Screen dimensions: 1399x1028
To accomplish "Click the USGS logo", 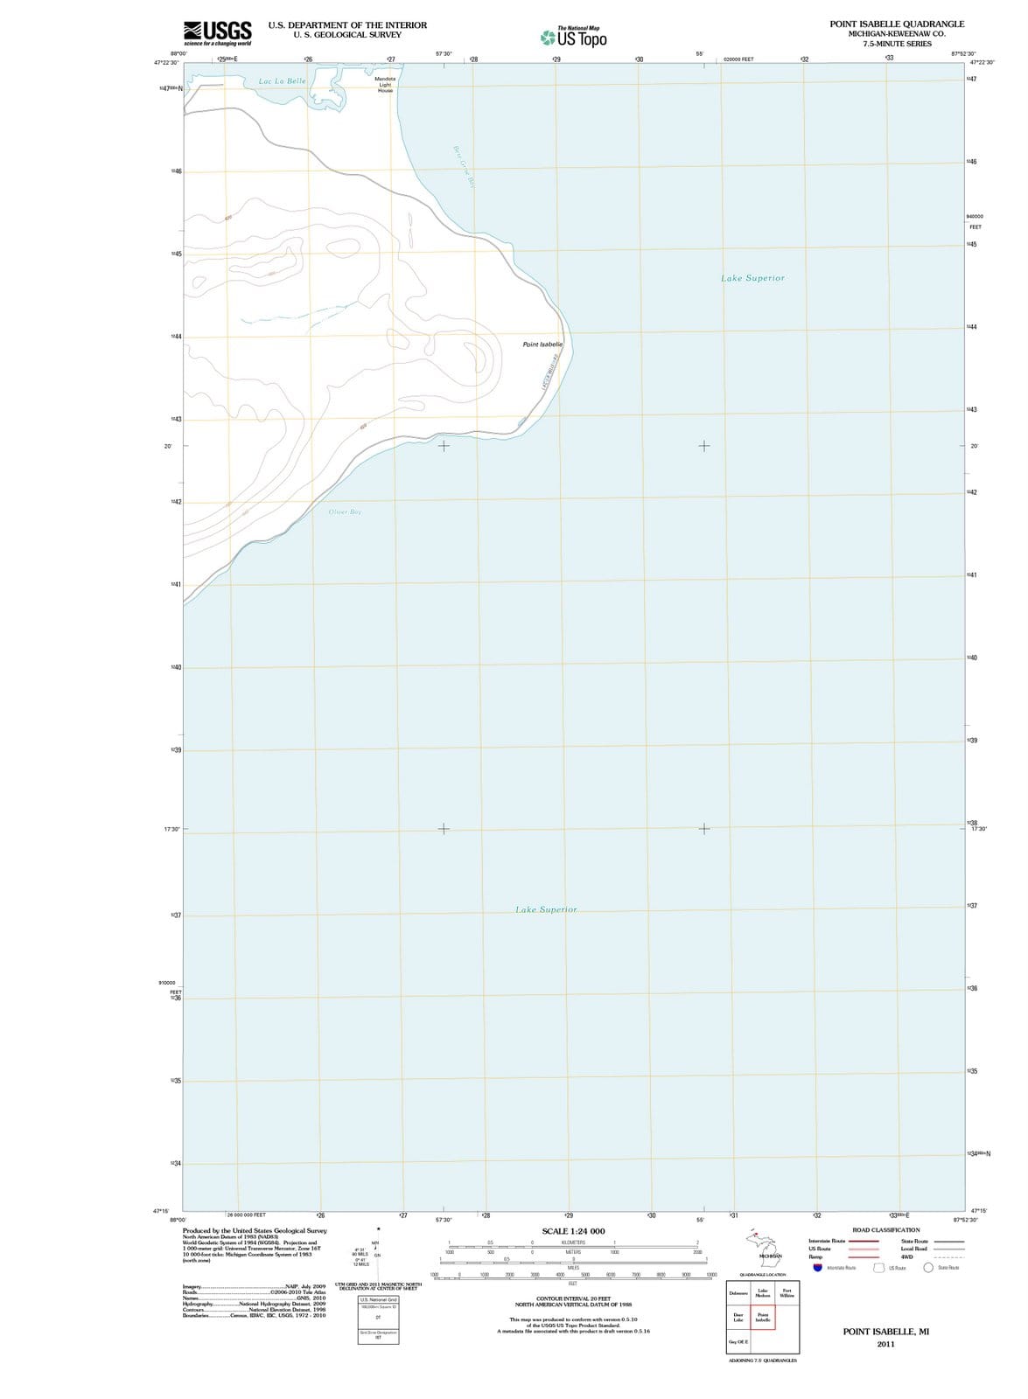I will point(218,33).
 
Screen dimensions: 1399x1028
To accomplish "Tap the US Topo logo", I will point(574,38).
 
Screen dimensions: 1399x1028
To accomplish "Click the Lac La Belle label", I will point(283,81).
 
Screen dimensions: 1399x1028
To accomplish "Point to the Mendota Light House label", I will point(385,84).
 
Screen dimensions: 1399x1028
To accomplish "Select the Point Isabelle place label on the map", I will point(542,345).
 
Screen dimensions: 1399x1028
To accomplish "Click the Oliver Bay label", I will point(345,512).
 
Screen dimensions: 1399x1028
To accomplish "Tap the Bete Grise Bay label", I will point(463,166).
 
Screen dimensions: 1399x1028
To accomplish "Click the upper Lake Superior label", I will point(752,278).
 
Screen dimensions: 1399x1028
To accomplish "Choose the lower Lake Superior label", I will point(546,909).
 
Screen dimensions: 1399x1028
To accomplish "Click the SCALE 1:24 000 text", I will point(573,1231).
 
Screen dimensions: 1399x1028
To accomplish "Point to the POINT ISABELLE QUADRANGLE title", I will point(897,24).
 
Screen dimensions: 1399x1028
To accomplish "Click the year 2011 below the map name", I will point(885,1344).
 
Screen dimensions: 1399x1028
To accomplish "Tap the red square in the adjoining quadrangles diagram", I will point(763,1318).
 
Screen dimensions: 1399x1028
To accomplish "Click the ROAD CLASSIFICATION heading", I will point(885,1229).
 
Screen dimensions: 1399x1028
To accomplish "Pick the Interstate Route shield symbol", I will point(817,1268).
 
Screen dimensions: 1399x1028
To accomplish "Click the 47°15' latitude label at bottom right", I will point(978,1211).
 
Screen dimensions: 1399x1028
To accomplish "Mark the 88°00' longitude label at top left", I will point(177,54).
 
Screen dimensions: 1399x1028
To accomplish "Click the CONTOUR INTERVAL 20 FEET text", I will point(573,1298).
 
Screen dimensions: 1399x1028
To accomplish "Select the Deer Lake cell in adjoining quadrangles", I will point(738,1318).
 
